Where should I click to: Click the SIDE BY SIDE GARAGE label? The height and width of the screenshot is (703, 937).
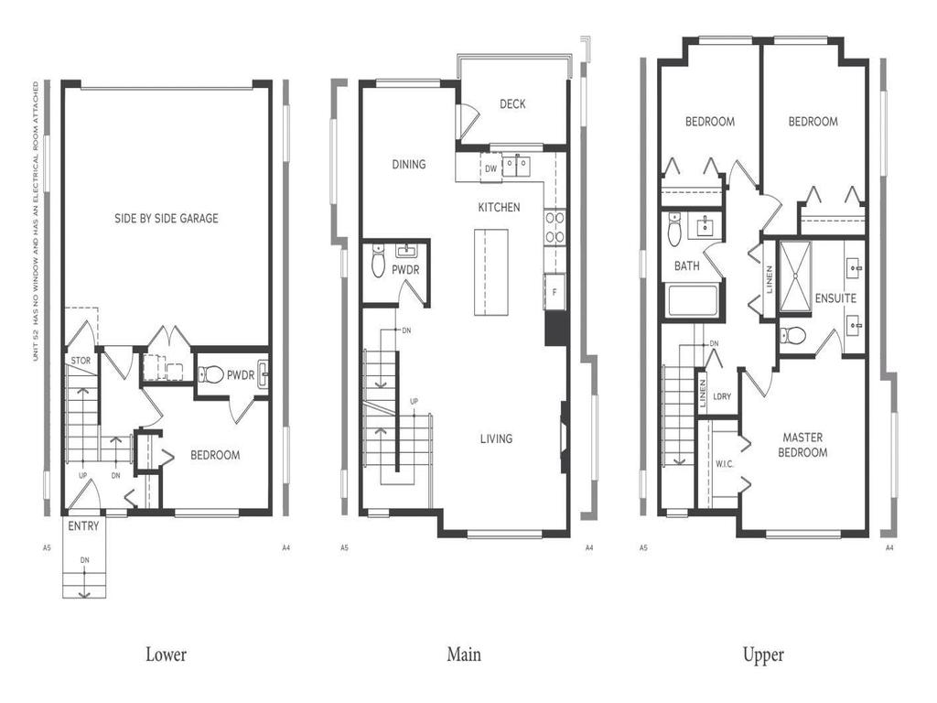click(166, 219)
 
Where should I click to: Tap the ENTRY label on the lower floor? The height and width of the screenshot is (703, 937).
click(83, 527)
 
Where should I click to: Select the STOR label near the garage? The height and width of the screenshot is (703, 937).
click(81, 361)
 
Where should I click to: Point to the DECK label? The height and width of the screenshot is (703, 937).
click(512, 104)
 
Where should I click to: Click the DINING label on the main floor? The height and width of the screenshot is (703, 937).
click(408, 165)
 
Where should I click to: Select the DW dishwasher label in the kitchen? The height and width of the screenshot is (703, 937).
click(490, 168)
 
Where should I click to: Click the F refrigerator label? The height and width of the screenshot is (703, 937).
click(554, 291)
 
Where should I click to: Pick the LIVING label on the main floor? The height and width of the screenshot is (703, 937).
click(496, 438)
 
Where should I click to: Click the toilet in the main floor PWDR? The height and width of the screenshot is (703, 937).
click(379, 264)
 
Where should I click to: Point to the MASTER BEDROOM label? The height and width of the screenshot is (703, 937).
click(802, 445)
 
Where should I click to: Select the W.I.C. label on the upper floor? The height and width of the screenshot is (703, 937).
click(724, 463)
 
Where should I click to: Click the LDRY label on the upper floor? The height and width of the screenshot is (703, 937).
click(722, 396)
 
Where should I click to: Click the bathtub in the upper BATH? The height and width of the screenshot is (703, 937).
click(692, 301)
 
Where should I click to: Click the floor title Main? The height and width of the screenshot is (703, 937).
click(463, 654)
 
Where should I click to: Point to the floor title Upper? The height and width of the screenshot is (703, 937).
click(763, 654)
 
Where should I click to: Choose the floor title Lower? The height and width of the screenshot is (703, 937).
click(166, 654)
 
